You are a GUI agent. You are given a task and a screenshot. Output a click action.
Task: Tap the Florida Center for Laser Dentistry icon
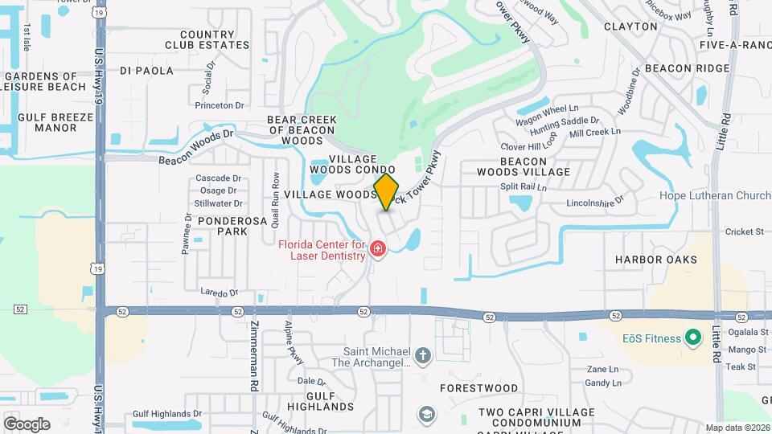point(377,252)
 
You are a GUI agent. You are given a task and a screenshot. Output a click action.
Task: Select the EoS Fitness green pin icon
point(691,338)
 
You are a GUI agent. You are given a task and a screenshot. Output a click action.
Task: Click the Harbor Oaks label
point(656,260)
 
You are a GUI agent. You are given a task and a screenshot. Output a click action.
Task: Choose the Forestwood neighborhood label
point(479,387)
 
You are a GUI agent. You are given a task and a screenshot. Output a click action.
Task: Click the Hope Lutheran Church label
point(715,195)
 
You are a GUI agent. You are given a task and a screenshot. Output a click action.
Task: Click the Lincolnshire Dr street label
point(596,202)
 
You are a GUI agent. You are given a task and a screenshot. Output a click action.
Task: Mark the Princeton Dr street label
point(220,105)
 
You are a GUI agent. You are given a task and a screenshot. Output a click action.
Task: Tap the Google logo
point(27,424)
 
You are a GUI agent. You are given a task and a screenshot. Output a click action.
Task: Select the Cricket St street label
point(744,232)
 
